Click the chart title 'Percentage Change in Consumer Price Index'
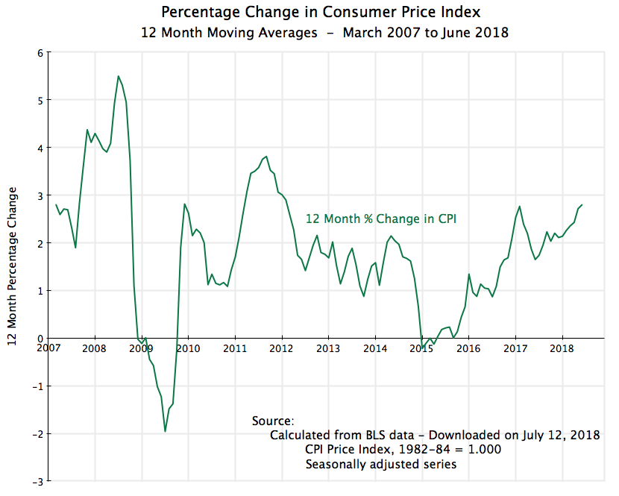point(309,13)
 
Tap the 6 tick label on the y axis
point(40,52)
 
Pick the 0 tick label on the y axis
point(40,339)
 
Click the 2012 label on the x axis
point(281,348)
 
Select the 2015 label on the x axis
point(422,348)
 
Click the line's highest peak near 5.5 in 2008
point(118,76)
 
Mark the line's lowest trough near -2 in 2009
point(165,431)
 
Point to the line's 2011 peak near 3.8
point(266,157)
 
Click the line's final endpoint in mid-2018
point(582,205)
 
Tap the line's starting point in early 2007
point(56,204)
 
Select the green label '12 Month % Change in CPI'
point(380,219)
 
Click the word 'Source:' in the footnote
point(274,421)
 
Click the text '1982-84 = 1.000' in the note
point(452,450)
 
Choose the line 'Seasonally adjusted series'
point(380,464)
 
